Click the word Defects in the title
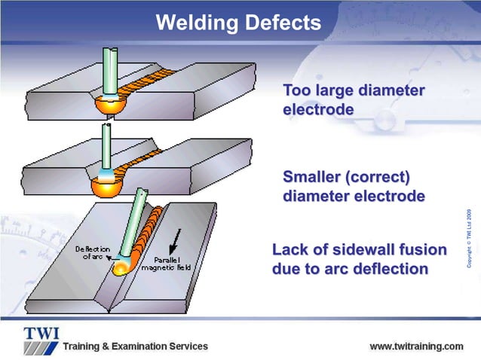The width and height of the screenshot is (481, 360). pyautogui.click(x=280, y=23)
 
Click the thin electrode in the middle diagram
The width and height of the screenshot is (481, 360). pyautogui.click(x=107, y=147)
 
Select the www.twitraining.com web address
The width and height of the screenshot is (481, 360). pyautogui.click(x=416, y=346)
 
